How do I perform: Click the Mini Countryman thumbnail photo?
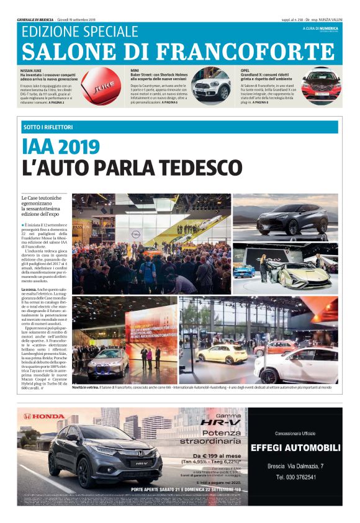click(x=211, y=87)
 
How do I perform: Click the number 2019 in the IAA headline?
click(x=76, y=147)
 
